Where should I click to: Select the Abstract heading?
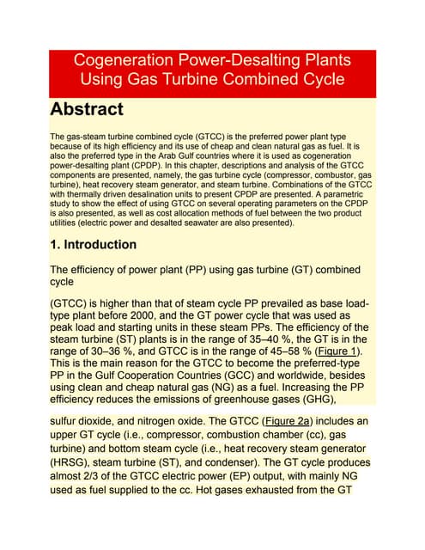pyautogui.click(x=87, y=110)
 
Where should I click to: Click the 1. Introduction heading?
pyautogui.click(x=94, y=245)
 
